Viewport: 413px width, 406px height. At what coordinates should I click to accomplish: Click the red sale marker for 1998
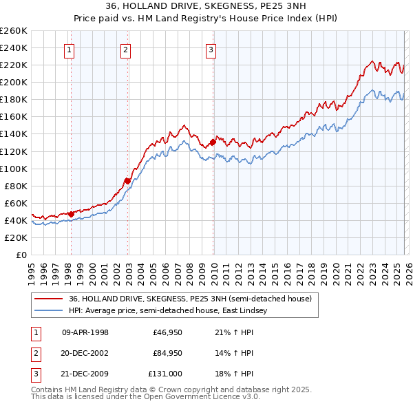71,214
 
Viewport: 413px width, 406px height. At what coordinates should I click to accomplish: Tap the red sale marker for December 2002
127,181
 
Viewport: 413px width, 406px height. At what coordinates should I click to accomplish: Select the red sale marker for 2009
213,142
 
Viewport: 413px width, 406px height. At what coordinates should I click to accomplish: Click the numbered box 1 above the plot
70,49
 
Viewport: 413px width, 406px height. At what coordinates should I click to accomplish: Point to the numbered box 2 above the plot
126,49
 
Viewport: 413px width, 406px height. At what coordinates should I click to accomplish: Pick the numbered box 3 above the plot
210,49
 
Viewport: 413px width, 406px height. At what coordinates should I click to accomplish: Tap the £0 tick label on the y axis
21,255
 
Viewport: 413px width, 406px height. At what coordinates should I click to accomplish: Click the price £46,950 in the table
167,332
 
